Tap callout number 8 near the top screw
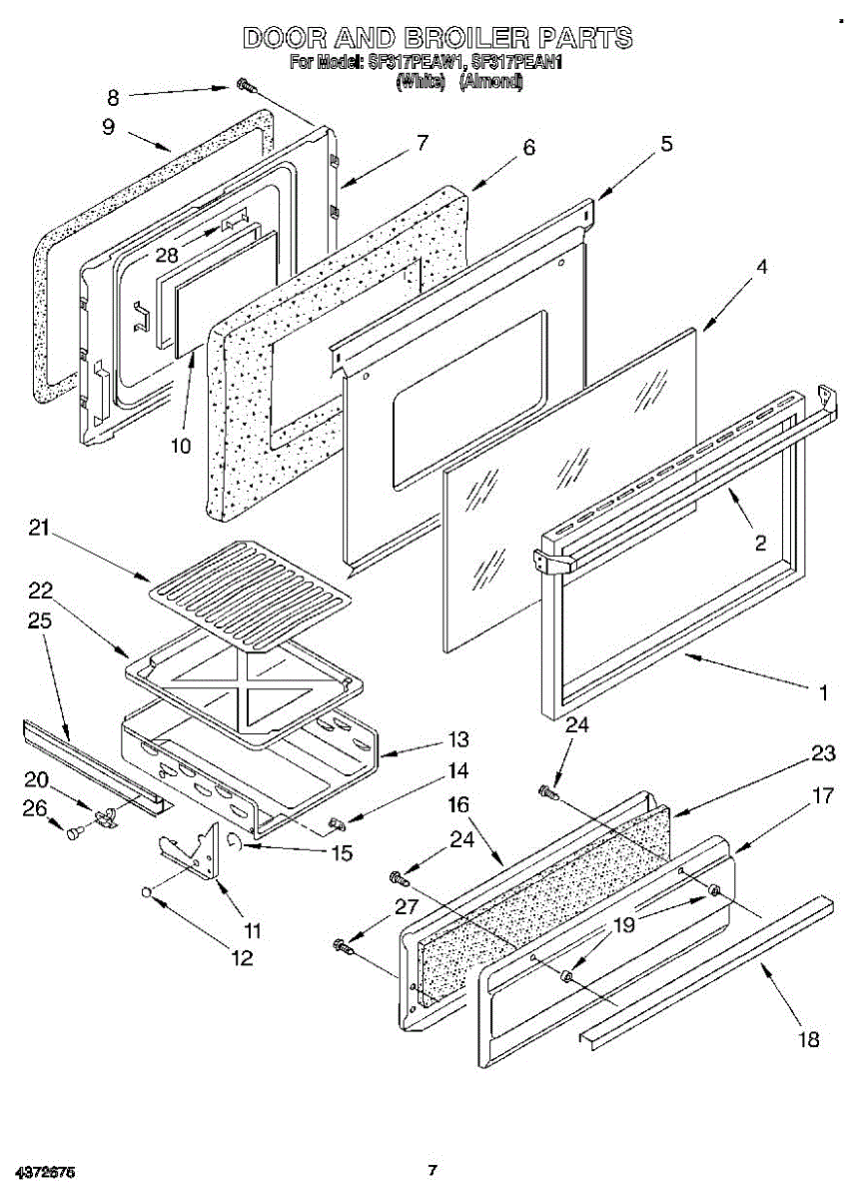pos(113,97)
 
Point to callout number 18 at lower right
pos(809,1040)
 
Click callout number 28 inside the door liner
pos(166,255)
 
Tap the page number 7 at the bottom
pos(431,1170)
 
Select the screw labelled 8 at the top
pos(244,88)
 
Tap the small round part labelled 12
pos(148,890)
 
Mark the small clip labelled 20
pos(107,817)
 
